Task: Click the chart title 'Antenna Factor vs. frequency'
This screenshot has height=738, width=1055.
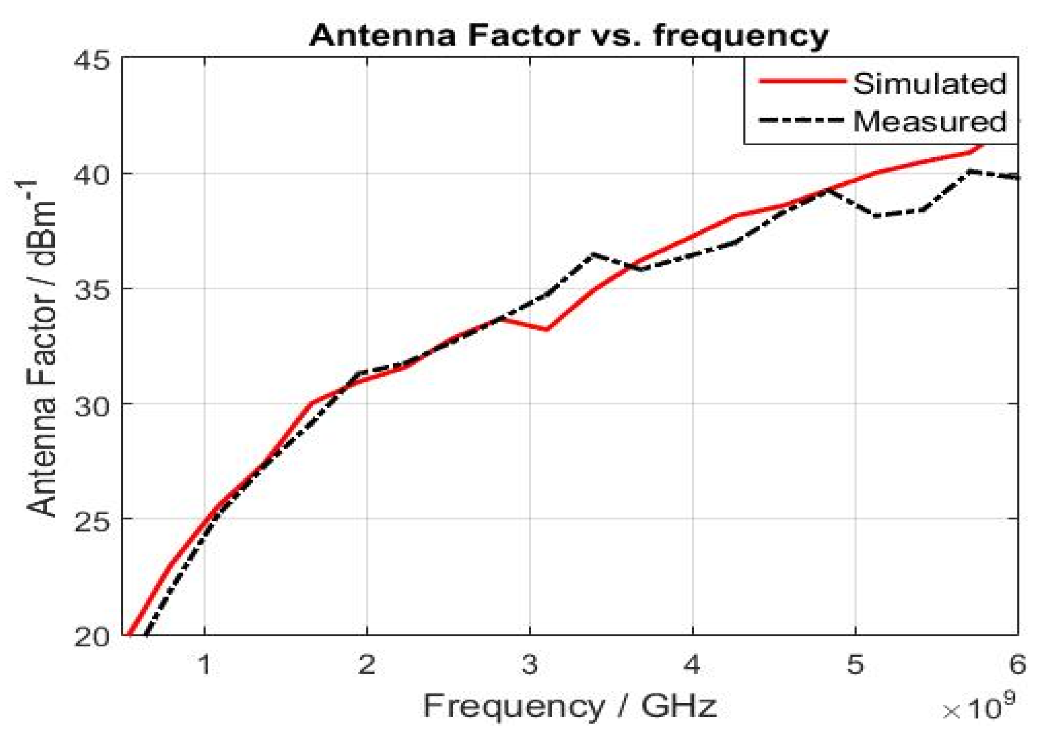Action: click(569, 36)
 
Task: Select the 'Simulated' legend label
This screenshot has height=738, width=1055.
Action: click(929, 84)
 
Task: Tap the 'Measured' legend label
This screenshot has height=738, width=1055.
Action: click(929, 121)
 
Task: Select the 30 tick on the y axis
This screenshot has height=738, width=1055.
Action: click(92, 404)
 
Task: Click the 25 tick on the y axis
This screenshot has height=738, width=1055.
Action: click(92, 519)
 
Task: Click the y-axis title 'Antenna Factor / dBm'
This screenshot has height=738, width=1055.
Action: click(41, 349)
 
